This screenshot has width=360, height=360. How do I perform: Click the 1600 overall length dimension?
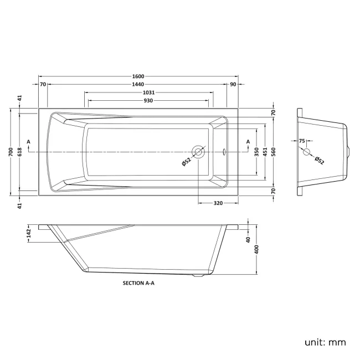click(138, 76)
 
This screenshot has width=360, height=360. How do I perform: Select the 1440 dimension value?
click(138, 85)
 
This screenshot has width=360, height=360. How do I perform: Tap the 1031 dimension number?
click(148, 92)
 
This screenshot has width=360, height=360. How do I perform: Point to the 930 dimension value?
click(148, 101)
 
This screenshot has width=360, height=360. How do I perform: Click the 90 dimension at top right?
click(233, 85)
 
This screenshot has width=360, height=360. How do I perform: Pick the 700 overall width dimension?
click(11, 152)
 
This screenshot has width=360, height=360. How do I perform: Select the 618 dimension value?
click(19, 152)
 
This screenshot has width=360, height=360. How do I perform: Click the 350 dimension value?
click(256, 152)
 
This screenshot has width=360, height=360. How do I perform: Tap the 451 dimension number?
click(265, 152)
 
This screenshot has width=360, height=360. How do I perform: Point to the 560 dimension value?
click(273, 152)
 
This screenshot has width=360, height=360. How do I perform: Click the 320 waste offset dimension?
click(218, 203)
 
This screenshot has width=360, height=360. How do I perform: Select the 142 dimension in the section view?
click(28, 234)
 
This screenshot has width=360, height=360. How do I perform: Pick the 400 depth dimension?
click(256, 250)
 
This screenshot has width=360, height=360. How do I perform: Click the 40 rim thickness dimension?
click(248, 240)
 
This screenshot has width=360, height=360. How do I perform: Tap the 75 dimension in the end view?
click(302, 141)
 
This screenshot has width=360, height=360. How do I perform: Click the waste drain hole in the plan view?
click(198, 152)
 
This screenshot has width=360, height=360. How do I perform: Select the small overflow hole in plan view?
click(224, 152)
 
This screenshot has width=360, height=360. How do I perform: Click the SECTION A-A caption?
click(138, 283)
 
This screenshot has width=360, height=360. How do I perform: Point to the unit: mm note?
click(325, 342)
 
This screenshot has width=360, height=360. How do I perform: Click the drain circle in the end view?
click(306, 152)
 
